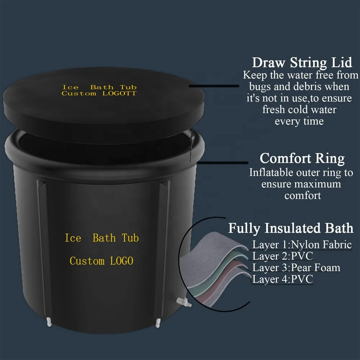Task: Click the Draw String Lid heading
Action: pyautogui.click(x=302, y=62)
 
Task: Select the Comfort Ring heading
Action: pyautogui.click(x=302, y=158)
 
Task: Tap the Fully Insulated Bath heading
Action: pyautogui.click(x=291, y=228)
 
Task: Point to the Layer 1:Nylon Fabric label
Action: pyautogui.click(x=302, y=245)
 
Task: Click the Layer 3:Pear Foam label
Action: pyautogui.click(x=296, y=268)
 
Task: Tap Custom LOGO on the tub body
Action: pyautogui.click(x=102, y=261)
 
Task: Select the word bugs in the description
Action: pyautogui.click(x=260, y=87)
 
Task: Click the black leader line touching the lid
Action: pyautogui.click(x=214, y=86)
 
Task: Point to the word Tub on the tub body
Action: pyautogui.click(x=130, y=238)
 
